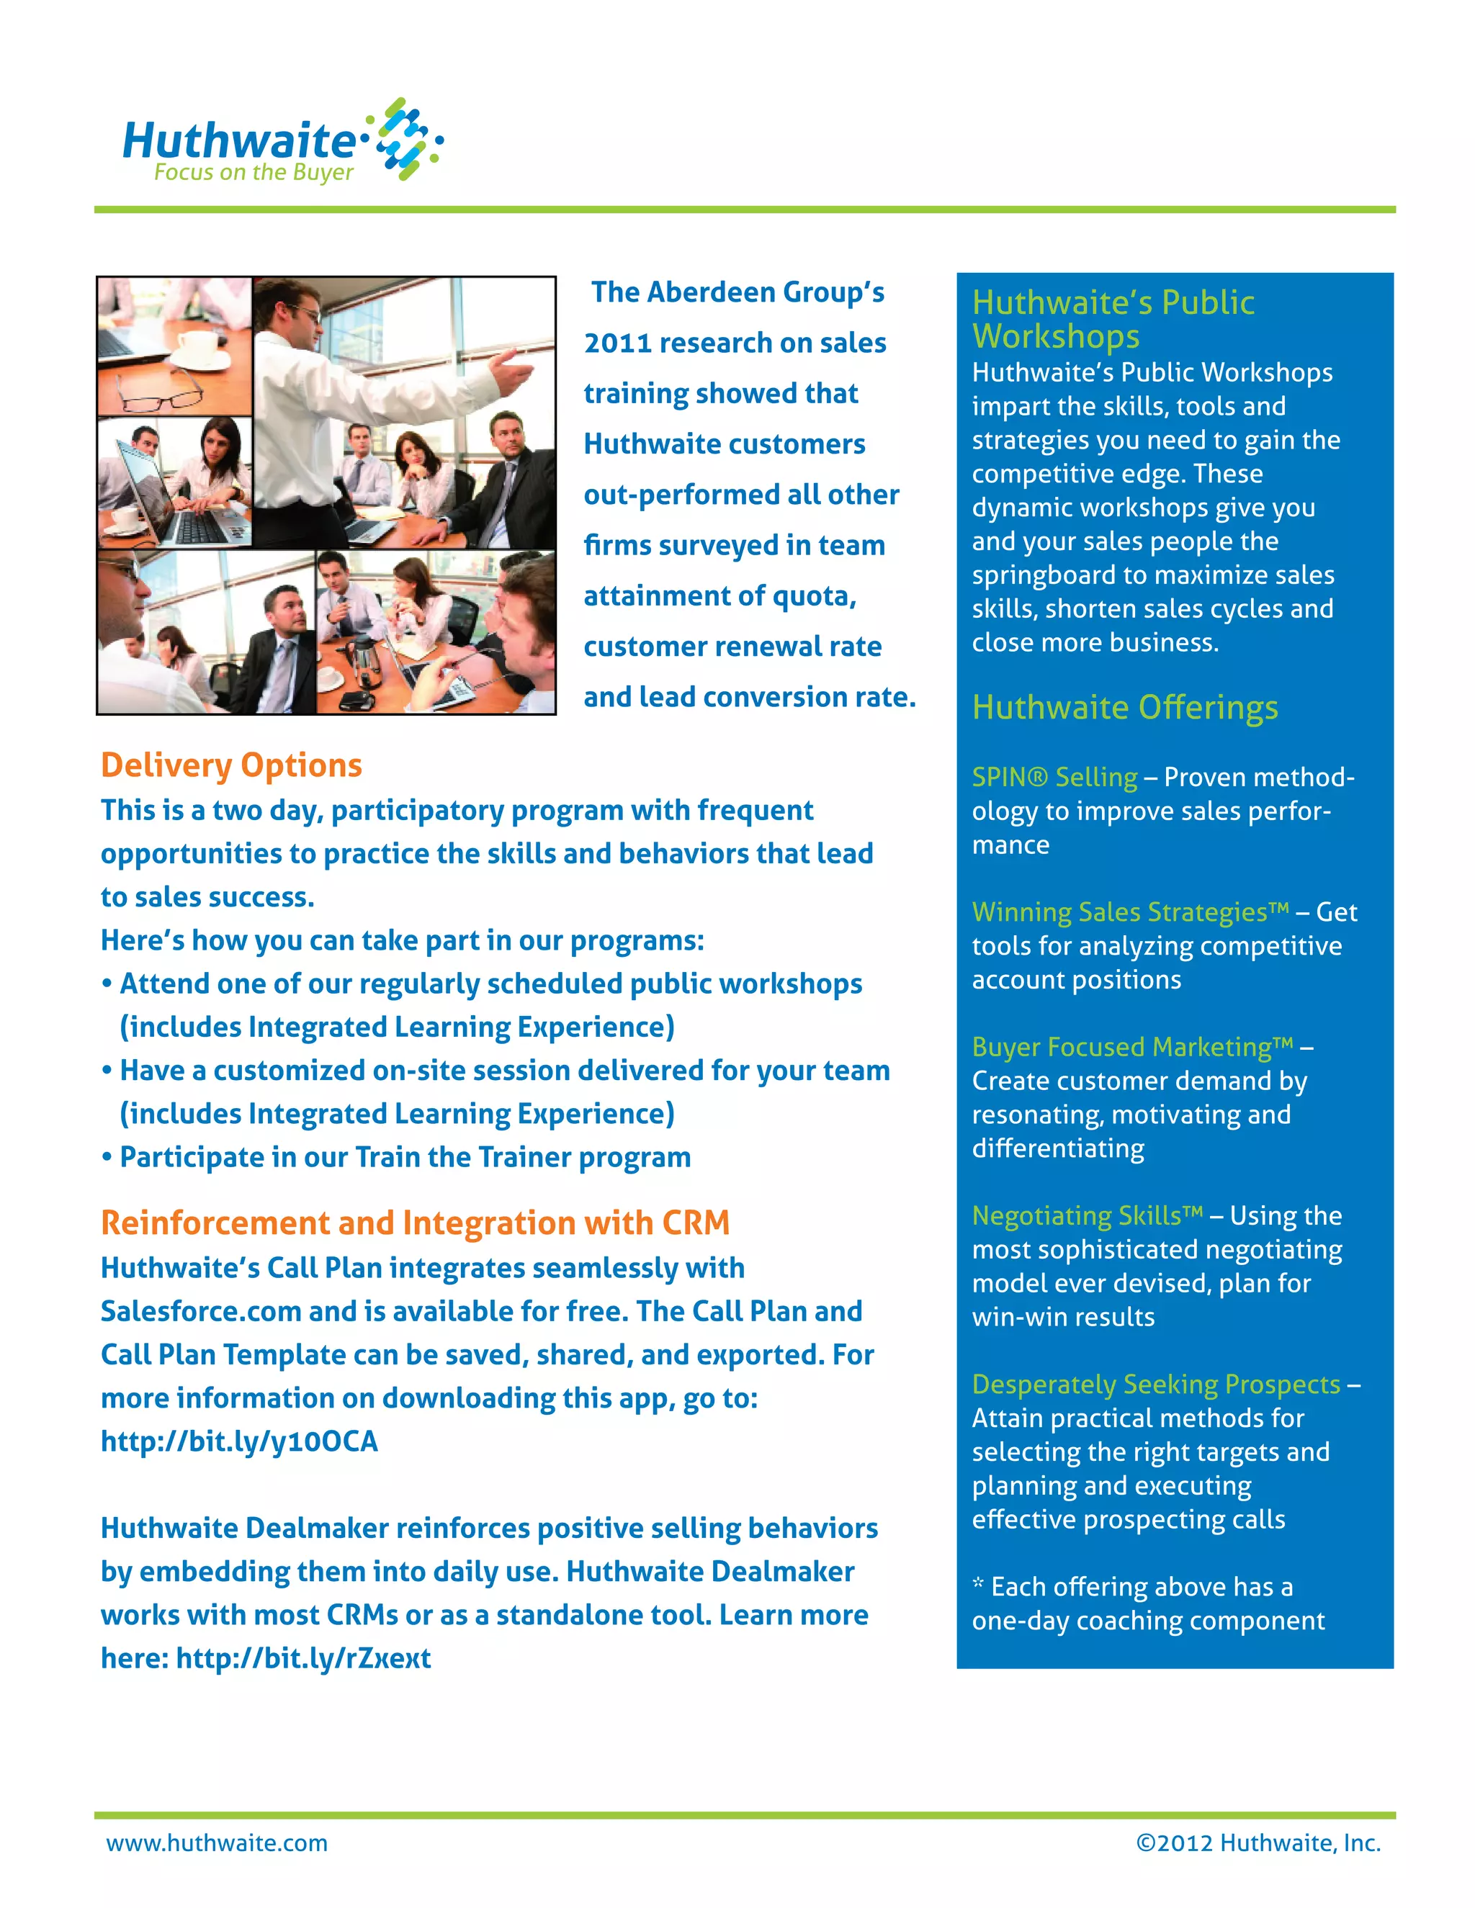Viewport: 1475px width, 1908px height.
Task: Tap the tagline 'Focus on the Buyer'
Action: pos(254,172)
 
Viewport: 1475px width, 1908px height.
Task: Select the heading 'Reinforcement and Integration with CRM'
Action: pos(415,1223)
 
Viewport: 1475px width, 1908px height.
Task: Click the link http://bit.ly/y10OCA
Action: pos(239,1441)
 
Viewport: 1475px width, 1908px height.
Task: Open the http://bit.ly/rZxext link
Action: pos(303,1657)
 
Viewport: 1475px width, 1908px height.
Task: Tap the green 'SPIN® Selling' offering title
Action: pos(1054,777)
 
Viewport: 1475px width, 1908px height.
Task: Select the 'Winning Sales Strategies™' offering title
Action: pos(1131,912)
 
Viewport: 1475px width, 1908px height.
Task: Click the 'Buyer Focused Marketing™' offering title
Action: pos(1132,1047)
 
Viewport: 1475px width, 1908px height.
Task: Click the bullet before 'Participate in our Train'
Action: pos(107,1158)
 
